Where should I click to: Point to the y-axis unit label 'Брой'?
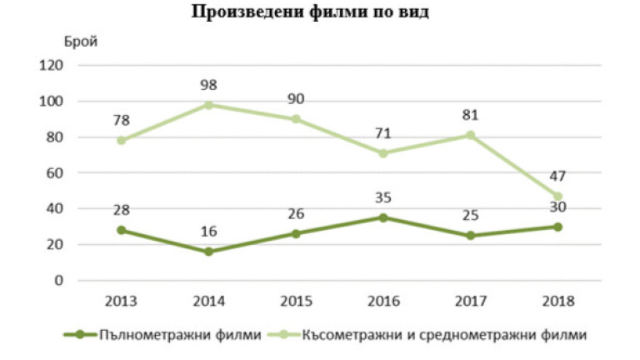(x=81, y=42)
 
